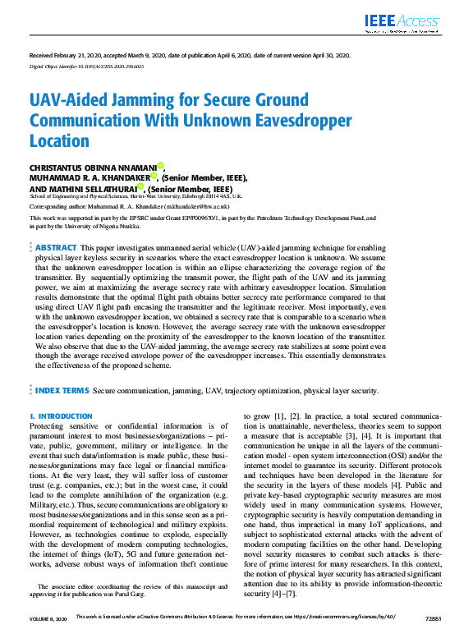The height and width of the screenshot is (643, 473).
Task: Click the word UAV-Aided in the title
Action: point(71,102)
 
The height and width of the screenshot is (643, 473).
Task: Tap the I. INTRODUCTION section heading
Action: point(61,416)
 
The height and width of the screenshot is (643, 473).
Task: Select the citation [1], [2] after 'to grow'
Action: point(284,417)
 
